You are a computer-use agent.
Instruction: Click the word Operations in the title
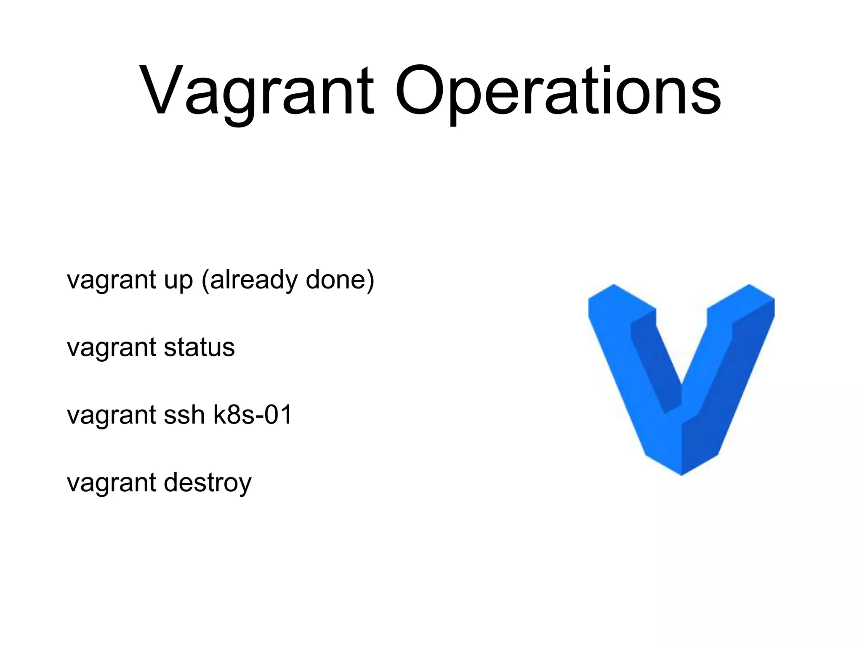558,90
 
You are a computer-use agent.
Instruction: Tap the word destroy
208,483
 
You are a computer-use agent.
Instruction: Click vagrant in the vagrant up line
112,281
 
